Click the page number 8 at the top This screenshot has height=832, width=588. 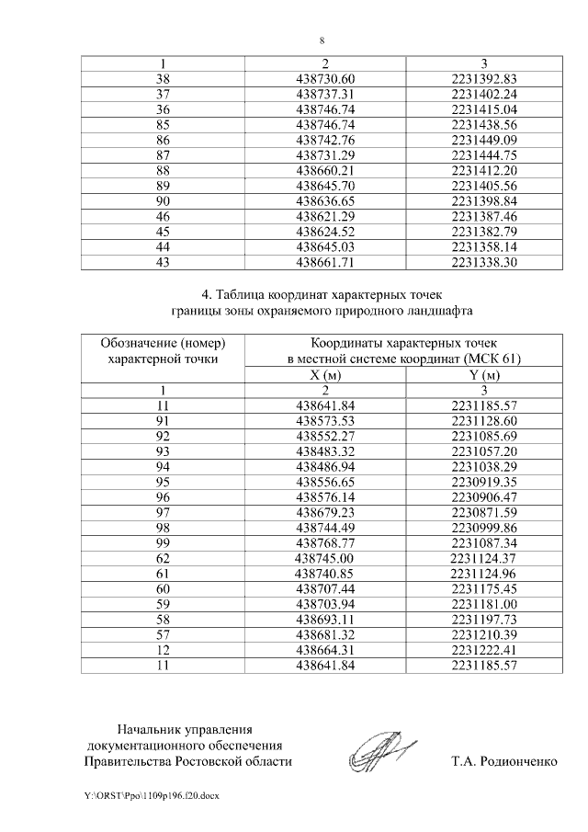coord(322,41)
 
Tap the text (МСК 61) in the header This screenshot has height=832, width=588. coord(492,359)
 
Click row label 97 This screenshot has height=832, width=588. coord(164,511)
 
